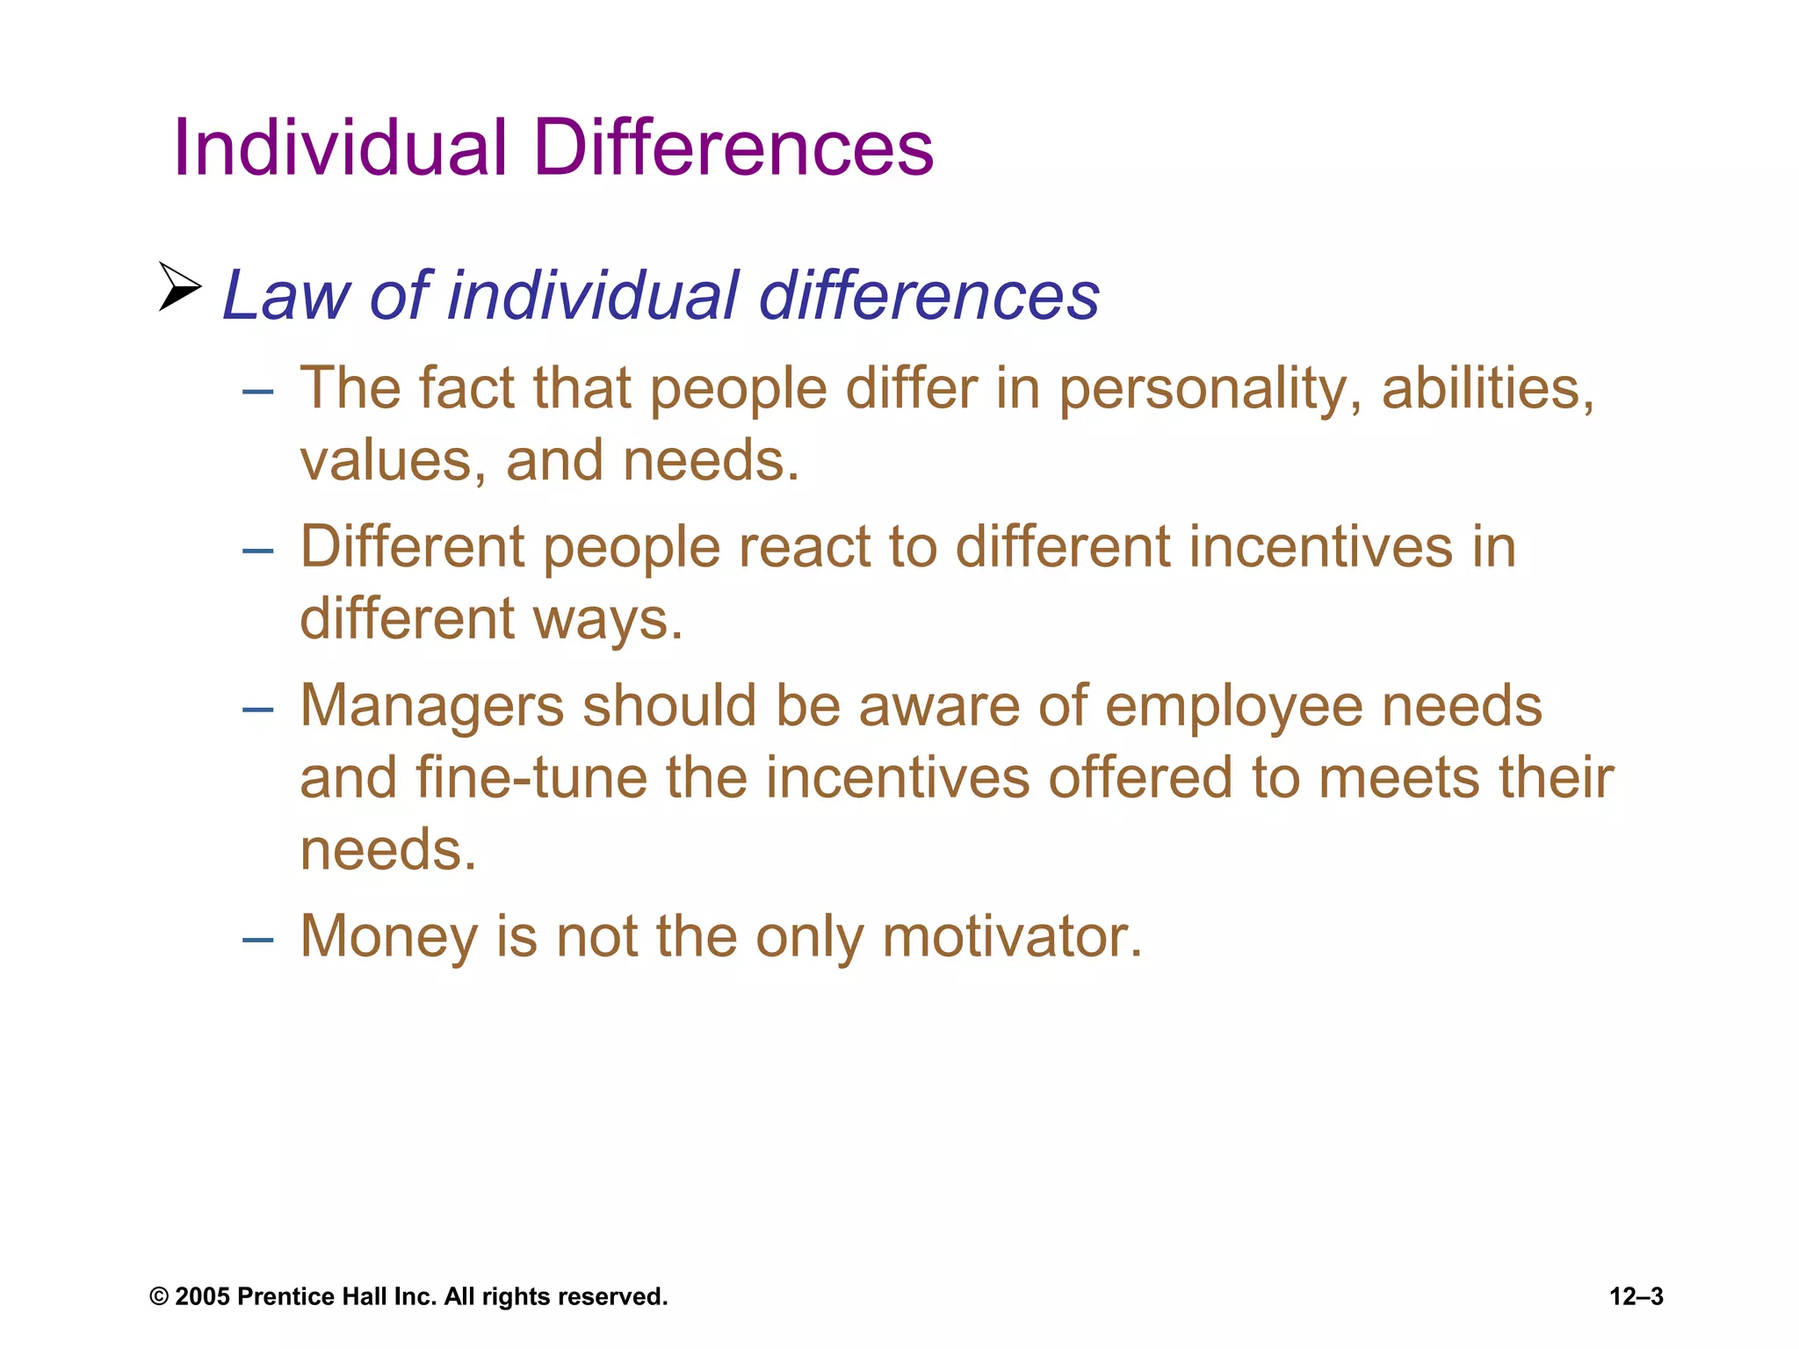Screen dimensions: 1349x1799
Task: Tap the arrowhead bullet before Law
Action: click(x=179, y=286)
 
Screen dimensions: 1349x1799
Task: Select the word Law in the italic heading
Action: click(x=286, y=295)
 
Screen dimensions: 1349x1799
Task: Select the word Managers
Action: click(x=431, y=707)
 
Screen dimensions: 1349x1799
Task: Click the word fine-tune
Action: click(x=531, y=778)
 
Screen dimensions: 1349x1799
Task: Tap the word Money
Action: click(x=388, y=937)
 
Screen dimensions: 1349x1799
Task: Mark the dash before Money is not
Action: click(x=257, y=940)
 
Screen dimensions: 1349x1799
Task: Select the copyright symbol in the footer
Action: click(x=159, y=1297)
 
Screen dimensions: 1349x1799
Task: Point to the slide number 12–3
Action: click(x=1636, y=1297)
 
